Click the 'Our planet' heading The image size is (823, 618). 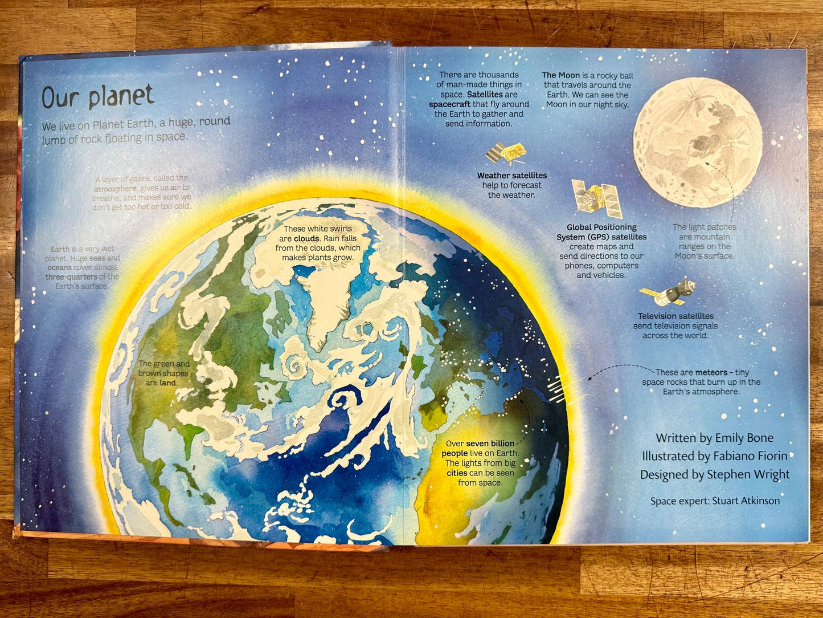pyautogui.click(x=98, y=97)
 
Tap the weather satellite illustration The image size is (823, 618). pyautogui.click(x=506, y=153)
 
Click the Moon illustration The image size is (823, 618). pyautogui.click(x=698, y=142)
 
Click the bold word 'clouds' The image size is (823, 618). pyautogui.click(x=306, y=238)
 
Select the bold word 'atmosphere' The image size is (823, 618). pyautogui.click(x=116, y=188)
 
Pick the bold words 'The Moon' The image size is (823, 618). pyautogui.click(x=560, y=75)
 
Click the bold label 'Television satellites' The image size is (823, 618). pyautogui.click(x=675, y=316)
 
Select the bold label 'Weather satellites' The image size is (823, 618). pyautogui.click(x=511, y=176)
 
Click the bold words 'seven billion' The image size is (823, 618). pyautogui.click(x=490, y=444)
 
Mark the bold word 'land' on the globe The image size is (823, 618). pyautogui.click(x=168, y=383)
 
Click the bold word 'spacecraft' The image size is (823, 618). pyautogui.click(x=450, y=104)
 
